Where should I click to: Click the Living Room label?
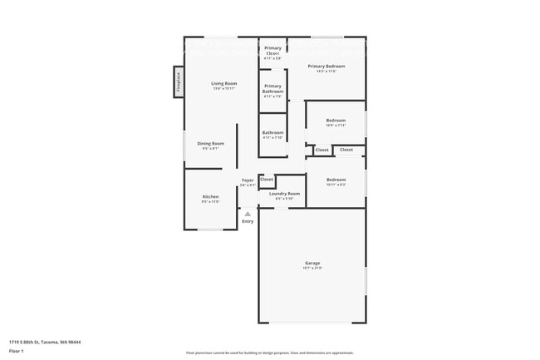tap(223, 83)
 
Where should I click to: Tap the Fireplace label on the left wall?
tap(177, 81)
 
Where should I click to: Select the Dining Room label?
tap(210, 143)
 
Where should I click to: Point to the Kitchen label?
tap(210, 196)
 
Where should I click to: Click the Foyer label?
tap(248, 180)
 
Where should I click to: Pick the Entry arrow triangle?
tap(248, 214)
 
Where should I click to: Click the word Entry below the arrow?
tap(248, 221)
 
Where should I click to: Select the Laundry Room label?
tap(284, 194)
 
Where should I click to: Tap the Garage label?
tap(312, 263)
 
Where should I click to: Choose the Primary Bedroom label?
tap(326, 66)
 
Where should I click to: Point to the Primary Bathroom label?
tap(272, 88)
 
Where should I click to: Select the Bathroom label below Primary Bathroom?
tap(272, 132)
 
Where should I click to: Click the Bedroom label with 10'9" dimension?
tap(336, 120)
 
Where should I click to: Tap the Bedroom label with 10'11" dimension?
tap(336, 180)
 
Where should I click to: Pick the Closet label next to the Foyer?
tap(267, 179)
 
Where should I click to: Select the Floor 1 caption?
tap(17, 352)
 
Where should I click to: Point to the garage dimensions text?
tap(312, 269)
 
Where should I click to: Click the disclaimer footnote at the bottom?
tap(270, 353)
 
